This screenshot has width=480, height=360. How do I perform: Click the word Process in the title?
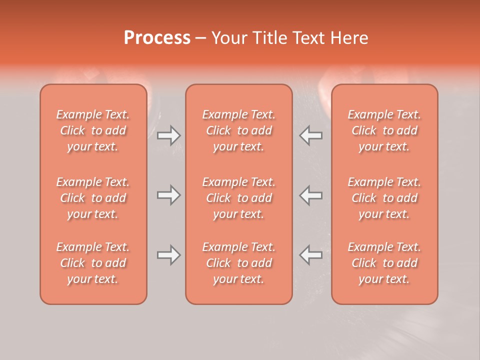[157, 38]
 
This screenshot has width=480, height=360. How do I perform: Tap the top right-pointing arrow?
[168, 135]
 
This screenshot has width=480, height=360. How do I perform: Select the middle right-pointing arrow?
[168, 195]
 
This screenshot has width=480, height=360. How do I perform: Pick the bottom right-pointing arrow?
[168, 255]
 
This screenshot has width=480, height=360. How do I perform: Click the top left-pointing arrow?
[311, 135]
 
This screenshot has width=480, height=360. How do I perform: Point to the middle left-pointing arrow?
[311, 195]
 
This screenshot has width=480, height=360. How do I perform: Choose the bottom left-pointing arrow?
[311, 255]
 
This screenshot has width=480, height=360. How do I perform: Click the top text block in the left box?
[93, 130]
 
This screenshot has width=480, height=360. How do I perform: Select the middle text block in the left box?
[93, 198]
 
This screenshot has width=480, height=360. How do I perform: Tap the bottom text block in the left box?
[93, 263]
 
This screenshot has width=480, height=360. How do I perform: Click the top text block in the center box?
[238, 130]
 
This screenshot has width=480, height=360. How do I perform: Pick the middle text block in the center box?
[238, 198]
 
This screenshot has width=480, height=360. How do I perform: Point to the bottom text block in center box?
[238, 263]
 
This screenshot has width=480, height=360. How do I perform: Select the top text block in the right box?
[384, 130]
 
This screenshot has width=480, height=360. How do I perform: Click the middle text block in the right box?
[384, 198]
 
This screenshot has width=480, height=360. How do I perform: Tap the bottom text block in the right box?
[384, 263]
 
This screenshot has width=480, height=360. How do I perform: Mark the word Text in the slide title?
[307, 38]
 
